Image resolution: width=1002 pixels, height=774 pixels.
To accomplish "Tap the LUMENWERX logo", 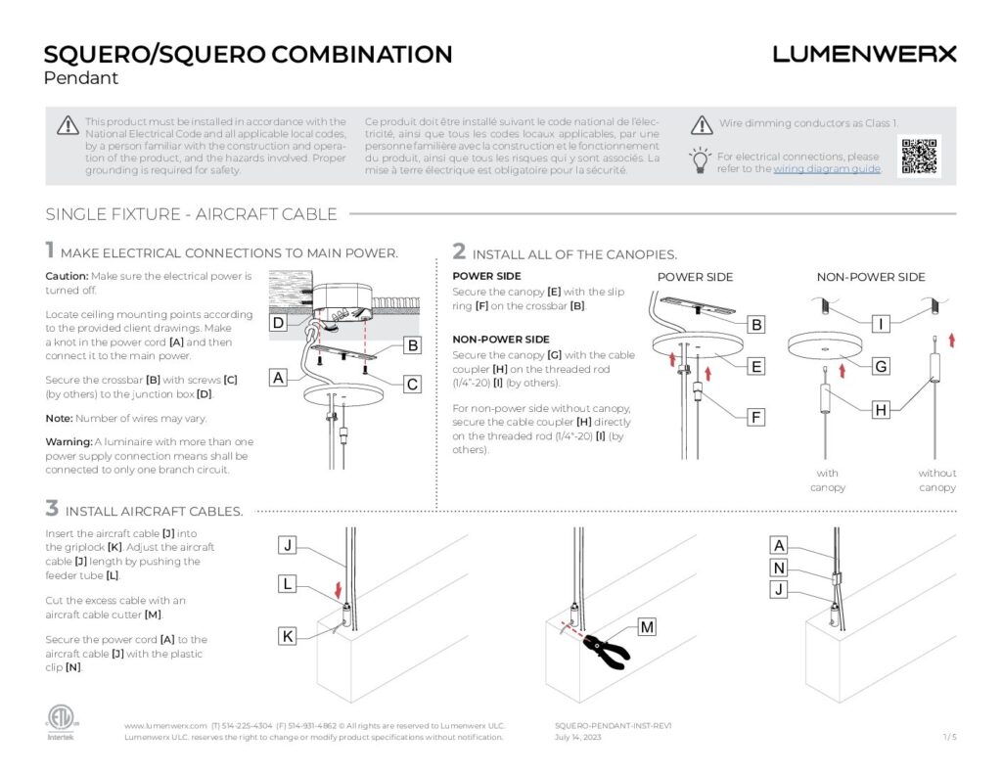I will tap(864, 54).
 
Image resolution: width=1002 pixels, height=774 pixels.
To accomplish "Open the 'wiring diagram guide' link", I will tap(827, 169).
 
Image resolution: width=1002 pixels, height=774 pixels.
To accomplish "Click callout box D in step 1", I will tap(278, 323).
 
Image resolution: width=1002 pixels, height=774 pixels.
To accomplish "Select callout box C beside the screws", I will tap(413, 385).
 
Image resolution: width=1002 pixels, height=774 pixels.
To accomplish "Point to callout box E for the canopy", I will tap(755, 367).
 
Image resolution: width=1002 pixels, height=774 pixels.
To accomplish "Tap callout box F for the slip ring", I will tap(755, 418).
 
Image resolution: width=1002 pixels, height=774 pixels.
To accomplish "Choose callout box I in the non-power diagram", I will tap(881, 323).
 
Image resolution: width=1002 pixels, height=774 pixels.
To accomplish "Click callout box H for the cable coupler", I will tap(881, 410).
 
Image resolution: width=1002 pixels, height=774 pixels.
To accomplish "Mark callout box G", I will tap(881, 367).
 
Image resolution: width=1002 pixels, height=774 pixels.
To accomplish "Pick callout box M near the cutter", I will tap(646, 625).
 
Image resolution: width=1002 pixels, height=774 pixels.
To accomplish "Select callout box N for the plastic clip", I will tap(779, 568).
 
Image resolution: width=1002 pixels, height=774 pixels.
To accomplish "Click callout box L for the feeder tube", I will tap(288, 584).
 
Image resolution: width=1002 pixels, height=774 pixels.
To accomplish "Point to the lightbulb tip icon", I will tap(700, 160).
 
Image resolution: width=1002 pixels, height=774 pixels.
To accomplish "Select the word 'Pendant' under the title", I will tap(81, 78).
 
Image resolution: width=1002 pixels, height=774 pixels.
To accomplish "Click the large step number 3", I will tap(52, 508).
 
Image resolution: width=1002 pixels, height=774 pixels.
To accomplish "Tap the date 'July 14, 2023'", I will tap(578, 737).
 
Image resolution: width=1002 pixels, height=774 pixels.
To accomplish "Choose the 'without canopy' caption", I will tap(937, 480).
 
